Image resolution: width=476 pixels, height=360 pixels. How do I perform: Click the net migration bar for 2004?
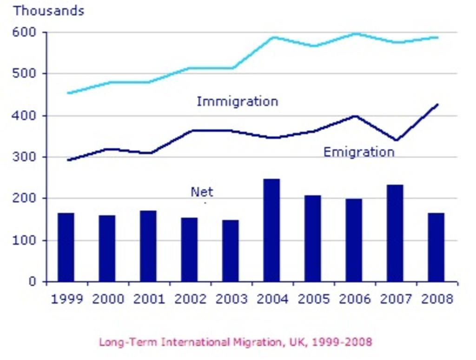click(271, 230)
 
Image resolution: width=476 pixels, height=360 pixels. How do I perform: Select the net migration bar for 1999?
click(66, 247)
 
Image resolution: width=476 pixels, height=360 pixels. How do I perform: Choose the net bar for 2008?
click(436, 247)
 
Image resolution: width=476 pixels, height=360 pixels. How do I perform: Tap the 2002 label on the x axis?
click(189, 299)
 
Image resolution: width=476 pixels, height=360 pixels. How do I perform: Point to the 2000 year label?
click(107, 299)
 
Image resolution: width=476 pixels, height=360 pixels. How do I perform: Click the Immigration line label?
click(237, 101)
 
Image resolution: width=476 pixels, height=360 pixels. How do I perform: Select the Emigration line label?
click(358, 152)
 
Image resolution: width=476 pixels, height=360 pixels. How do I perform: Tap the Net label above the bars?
click(202, 192)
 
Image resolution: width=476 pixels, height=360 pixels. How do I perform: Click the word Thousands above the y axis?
click(48, 11)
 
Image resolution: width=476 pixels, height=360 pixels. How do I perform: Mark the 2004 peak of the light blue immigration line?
click(273, 37)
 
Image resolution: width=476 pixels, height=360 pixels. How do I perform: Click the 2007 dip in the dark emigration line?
click(396, 140)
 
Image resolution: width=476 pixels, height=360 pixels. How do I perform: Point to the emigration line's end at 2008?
click(437, 105)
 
